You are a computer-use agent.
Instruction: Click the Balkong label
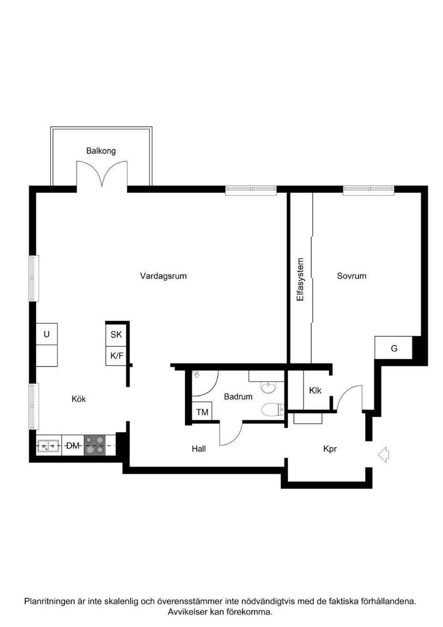coord(101,151)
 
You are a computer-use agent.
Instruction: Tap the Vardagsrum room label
coord(163,276)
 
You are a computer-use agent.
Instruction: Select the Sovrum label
coord(352,276)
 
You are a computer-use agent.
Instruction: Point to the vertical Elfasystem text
coord(300,279)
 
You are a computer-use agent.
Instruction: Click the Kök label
coord(79,399)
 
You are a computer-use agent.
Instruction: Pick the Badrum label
coord(238,397)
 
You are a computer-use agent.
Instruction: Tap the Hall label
coord(199,449)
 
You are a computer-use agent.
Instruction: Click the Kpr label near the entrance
coord(330,449)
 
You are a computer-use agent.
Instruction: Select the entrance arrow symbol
coord(383,454)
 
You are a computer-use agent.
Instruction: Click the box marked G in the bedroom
coord(394,348)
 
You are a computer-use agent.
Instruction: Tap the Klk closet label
coord(315,390)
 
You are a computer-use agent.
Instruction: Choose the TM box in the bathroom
coord(202,412)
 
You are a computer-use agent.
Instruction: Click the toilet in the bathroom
coord(273,410)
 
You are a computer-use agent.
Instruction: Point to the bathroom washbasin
coord(268,388)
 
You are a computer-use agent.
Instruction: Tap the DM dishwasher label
coord(73,446)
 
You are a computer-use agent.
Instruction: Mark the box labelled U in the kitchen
coord(47,334)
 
